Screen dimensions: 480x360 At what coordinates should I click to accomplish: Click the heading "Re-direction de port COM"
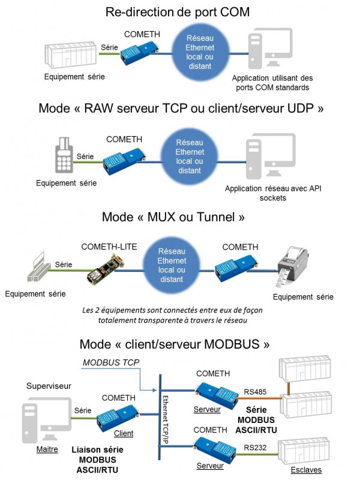tap(178, 12)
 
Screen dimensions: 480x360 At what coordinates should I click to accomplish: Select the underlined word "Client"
tap(124, 433)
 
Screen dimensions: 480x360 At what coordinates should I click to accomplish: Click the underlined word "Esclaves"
tap(305, 470)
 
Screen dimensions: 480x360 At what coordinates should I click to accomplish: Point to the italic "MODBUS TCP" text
tap(107, 364)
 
